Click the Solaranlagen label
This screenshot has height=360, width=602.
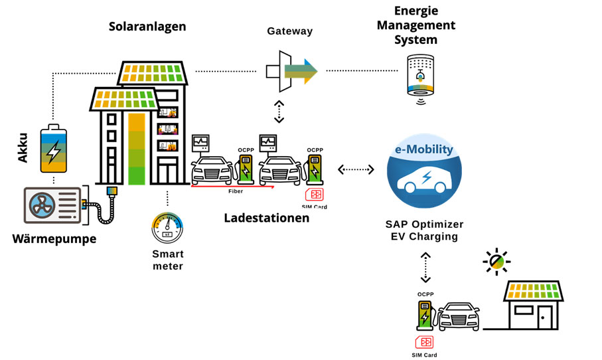pyautogui.click(x=147, y=27)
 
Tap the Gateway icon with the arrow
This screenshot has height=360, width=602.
pyautogui.click(x=291, y=70)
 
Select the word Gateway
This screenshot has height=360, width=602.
pyautogui.click(x=289, y=31)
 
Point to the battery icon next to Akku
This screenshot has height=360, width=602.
pyautogui.click(x=54, y=146)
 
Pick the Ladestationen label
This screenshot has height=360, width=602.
pyautogui.click(x=266, y=217)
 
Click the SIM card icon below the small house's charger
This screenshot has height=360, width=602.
pyautogui.click(x=423, y=341)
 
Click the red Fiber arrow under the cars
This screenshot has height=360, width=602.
pyautogui.click(x=232, y=187)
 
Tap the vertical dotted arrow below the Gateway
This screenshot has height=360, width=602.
pyautogui.click(x=279, y=112)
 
